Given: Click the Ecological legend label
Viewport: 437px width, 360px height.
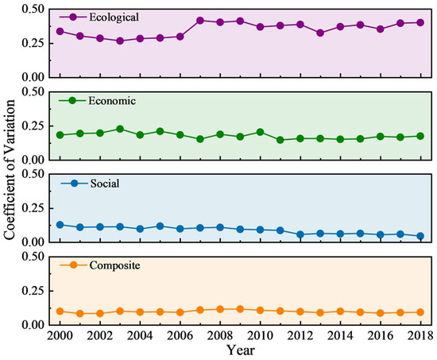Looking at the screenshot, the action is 114,17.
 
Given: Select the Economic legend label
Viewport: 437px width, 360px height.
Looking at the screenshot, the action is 112,100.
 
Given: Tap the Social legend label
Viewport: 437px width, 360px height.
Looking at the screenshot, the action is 105,184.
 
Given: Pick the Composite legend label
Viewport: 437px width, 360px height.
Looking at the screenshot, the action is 115,265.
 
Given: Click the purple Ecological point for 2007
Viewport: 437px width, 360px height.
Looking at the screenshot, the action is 200,21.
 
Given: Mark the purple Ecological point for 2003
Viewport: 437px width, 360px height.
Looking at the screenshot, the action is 120,41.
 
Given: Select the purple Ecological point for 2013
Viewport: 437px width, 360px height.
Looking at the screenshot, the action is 320,33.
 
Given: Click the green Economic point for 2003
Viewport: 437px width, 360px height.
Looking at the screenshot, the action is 120,129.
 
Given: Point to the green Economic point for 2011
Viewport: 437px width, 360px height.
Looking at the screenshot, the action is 280,140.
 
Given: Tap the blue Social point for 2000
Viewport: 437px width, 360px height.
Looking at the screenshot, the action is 60,225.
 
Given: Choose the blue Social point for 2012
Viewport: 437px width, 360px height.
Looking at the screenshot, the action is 300,234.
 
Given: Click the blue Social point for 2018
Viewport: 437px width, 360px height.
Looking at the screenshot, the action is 420,236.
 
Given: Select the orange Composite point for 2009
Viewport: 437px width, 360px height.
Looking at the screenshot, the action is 240,309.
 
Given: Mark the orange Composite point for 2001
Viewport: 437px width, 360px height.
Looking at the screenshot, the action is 80,313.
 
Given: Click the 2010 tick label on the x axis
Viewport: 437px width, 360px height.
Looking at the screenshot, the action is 260,335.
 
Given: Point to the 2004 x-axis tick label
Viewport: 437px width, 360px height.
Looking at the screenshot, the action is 140,335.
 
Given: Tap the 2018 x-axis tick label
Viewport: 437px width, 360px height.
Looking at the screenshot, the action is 420,335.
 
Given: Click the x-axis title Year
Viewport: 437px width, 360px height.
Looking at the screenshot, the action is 240,350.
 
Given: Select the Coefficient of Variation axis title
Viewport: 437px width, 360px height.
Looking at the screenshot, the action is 9,169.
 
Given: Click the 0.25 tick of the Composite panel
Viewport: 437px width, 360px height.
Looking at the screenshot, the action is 33,291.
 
